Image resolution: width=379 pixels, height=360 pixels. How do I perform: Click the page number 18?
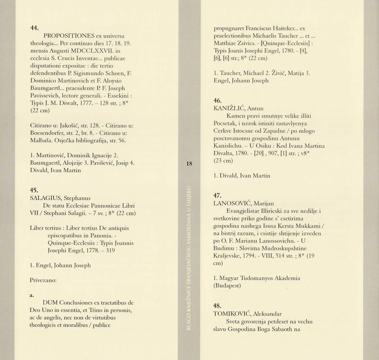(x=189, y=164)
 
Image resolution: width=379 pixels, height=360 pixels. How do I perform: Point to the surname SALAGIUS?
(x=44, y=198)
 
